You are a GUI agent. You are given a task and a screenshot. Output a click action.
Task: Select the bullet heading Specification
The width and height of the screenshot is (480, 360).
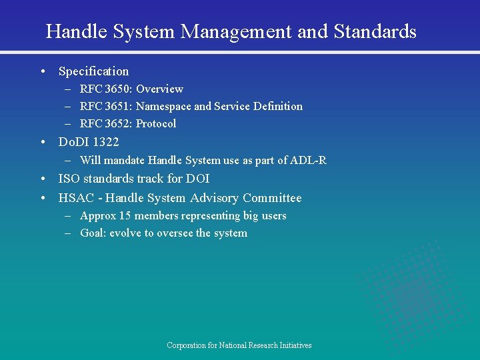coord(93,71)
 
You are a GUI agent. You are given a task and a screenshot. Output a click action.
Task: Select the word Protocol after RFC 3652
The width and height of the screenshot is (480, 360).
coord(156,123)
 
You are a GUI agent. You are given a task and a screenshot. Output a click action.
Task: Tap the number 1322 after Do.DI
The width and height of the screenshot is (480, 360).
coord(106,141)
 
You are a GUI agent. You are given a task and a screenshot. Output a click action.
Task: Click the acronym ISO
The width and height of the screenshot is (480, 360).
coord(69,179)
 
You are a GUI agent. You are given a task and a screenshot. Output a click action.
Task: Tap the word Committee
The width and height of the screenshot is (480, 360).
coord(272,198)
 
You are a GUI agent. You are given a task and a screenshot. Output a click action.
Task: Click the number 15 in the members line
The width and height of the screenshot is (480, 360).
coord(124,215)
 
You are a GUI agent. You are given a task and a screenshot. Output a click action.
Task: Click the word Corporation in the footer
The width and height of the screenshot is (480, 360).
coord(186,345)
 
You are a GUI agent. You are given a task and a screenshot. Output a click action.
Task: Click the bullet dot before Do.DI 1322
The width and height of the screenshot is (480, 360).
coord(43,141)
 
